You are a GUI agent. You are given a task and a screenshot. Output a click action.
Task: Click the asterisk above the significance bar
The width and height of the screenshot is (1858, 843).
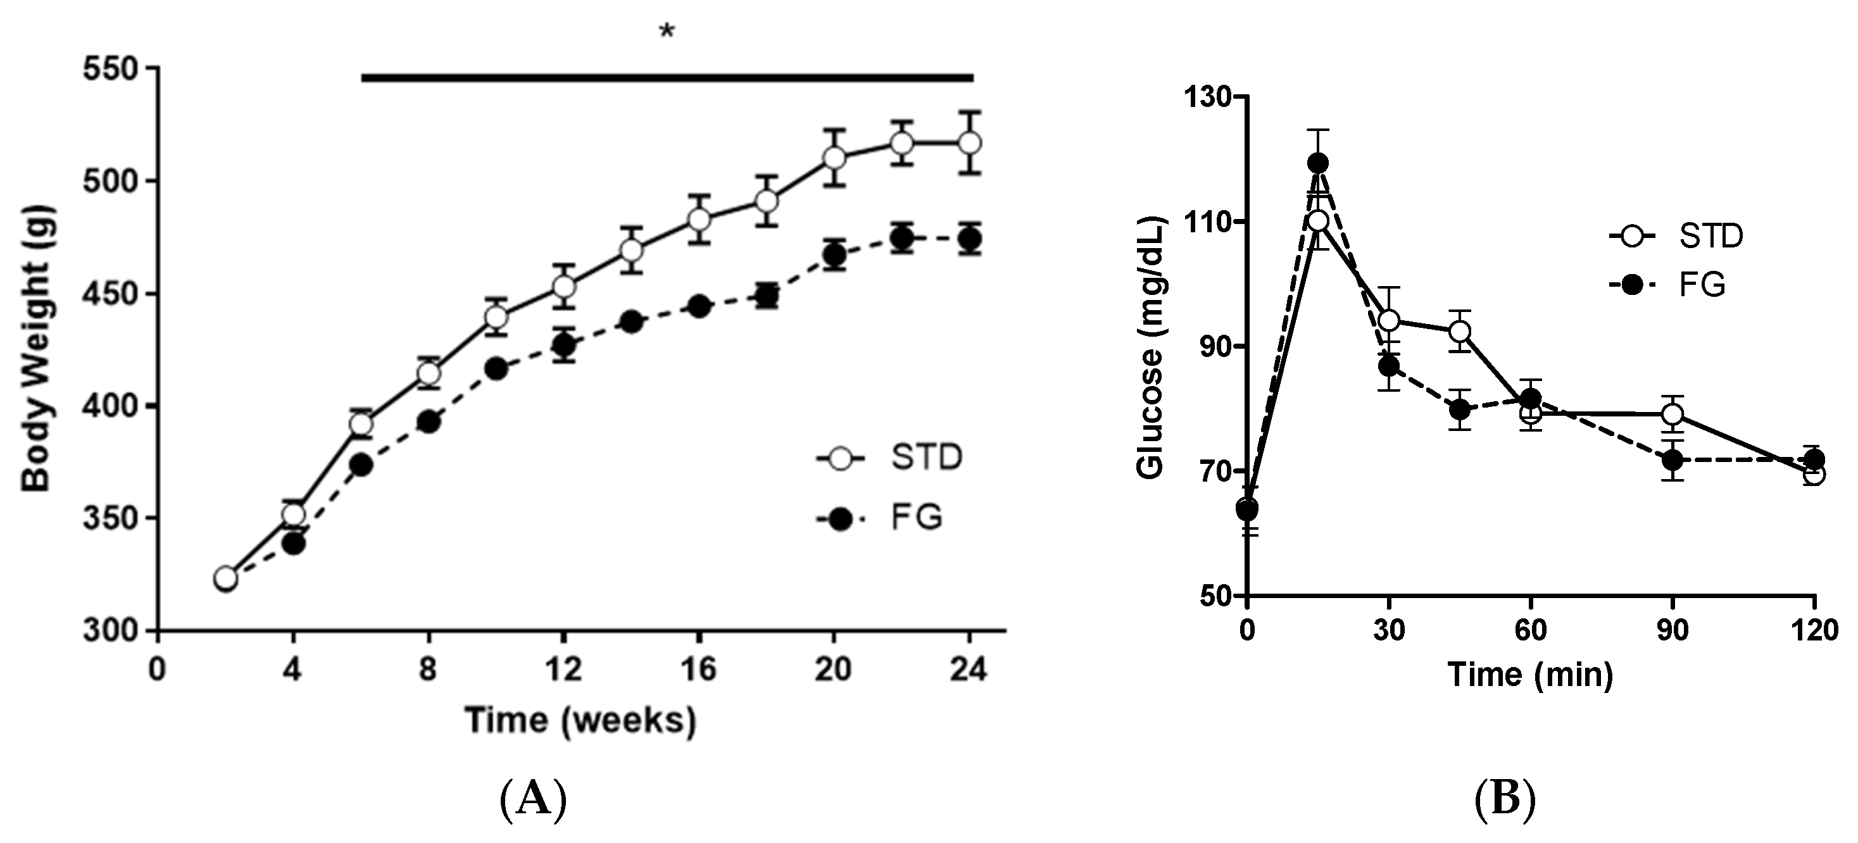[667, 32]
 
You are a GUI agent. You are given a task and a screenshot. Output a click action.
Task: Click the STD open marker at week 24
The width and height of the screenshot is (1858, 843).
[969, 143]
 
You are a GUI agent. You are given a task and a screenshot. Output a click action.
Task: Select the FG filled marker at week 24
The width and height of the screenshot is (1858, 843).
[969, 239]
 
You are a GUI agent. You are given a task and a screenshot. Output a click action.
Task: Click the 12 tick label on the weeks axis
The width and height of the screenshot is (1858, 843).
[563, 671]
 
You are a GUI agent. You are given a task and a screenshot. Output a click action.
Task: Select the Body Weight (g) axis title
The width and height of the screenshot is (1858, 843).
[36, 349]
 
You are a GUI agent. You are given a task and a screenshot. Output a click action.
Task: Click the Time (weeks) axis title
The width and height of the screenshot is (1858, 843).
[581, 720]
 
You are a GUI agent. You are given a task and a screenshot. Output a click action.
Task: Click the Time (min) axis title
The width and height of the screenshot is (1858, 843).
[1530, 674]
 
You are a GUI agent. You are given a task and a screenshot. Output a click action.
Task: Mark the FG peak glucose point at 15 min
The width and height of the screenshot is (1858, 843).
[1319, 163]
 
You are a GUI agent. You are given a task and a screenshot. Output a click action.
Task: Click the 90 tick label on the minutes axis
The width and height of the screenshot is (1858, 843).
[1672, 630]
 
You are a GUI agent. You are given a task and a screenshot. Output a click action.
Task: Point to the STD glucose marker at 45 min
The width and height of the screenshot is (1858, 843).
[1460, 331]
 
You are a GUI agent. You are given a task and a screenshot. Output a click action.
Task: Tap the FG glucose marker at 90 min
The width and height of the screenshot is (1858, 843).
[1673, 459]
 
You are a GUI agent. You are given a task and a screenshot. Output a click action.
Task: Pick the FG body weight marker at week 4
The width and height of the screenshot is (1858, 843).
[294, 544]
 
